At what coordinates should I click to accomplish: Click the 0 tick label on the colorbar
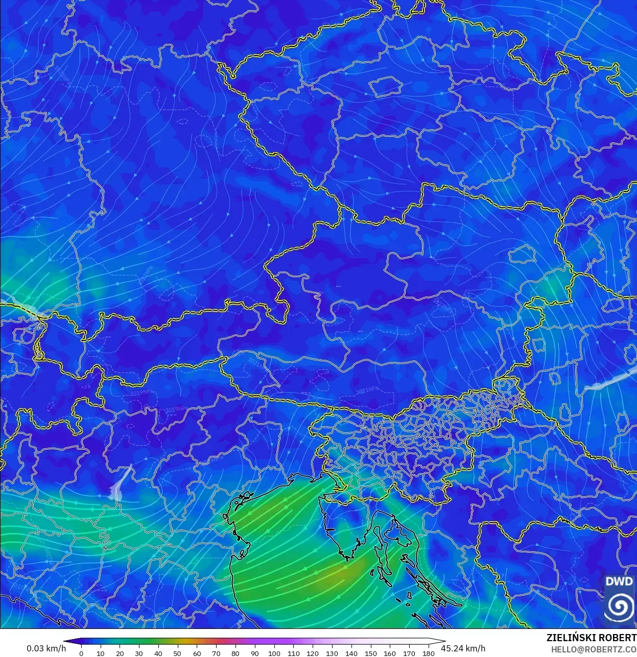coord(81,653)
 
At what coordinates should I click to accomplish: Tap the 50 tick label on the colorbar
coord(177,653)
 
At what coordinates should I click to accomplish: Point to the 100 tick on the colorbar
coord(274,653)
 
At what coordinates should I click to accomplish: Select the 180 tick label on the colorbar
coord(429,653)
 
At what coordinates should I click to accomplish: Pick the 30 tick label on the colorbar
coord(139,653)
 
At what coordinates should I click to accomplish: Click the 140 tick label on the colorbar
coord(351,653)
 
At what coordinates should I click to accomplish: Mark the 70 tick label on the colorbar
coord(216,653)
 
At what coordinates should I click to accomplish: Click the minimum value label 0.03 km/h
coord(46,648)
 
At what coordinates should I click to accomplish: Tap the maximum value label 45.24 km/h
coord(463,648)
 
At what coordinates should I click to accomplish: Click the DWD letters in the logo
coord(619,581)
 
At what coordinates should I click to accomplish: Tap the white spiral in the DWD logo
coord(619,606)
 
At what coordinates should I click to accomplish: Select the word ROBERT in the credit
coord(617,638)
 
